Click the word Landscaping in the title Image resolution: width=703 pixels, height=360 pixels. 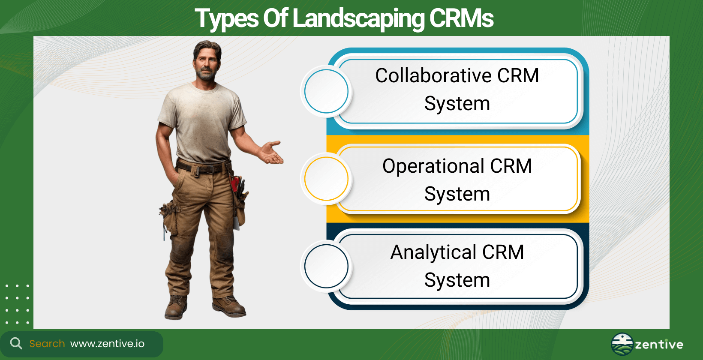click(358, 19)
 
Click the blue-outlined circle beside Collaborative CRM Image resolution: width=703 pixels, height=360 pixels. click(326, 91)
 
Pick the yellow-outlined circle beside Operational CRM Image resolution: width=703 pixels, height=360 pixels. click(326, 179)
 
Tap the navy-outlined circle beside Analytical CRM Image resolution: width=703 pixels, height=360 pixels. click(326, 266)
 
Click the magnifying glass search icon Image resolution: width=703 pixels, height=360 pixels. click(16, 343)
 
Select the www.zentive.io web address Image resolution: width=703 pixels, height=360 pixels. click(107, 344)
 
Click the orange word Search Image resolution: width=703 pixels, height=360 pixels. click(47, 344)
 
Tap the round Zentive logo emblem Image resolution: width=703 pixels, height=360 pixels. click(622, 344)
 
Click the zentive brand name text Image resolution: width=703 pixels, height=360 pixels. click(659, 345)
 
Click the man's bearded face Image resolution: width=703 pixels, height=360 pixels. click(207, 64)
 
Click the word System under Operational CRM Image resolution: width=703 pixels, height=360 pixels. click(457, 195)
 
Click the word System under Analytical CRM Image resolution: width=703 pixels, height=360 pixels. click(457, 281)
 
